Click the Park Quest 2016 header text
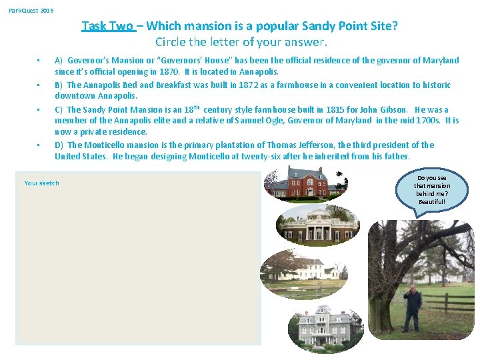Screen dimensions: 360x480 (31, 11)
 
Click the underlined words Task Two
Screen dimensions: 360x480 (107, 26)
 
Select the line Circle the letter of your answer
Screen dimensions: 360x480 (241, 42)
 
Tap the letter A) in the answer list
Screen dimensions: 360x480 (59, 61)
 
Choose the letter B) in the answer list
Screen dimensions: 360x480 (59, 85)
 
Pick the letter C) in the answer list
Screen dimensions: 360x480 (59, 110)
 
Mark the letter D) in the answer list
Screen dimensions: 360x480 (59, 145)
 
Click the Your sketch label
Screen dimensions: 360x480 (41, 183)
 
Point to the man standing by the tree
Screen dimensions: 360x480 (413, 307)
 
